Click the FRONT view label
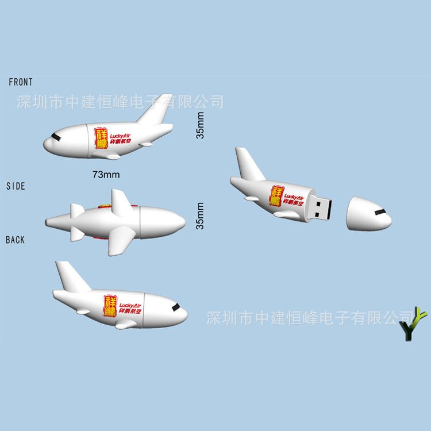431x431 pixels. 21,82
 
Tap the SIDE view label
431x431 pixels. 16,186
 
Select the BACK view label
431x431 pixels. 16,240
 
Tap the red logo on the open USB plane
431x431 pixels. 278,195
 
